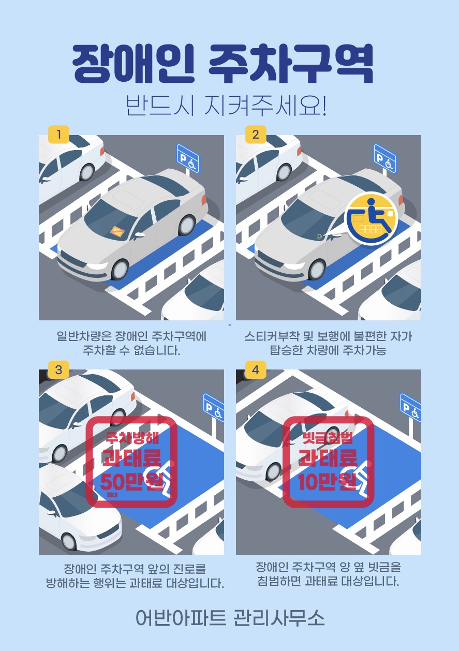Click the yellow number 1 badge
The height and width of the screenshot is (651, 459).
(58, 135)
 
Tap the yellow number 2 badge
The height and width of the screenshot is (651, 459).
(256, 135)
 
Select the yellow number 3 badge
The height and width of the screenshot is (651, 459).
(58, 369)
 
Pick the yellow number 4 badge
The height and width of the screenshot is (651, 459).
(256, 369)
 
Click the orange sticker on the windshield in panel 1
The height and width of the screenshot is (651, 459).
(117, 231)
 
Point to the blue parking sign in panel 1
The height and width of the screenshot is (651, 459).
(188, 158)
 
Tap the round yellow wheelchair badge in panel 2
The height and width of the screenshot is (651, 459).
(371, 218)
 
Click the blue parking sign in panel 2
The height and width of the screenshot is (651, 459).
(385, 158)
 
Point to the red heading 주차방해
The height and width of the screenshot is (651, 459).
(132, 438)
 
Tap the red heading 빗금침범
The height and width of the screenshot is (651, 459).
(328, 438)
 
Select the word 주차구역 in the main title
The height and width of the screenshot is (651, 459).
(291, 64)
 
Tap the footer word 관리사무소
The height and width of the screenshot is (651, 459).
(279, 618)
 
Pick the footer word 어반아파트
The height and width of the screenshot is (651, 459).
(181, 618)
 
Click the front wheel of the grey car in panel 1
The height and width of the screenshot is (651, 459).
(120, 270)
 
